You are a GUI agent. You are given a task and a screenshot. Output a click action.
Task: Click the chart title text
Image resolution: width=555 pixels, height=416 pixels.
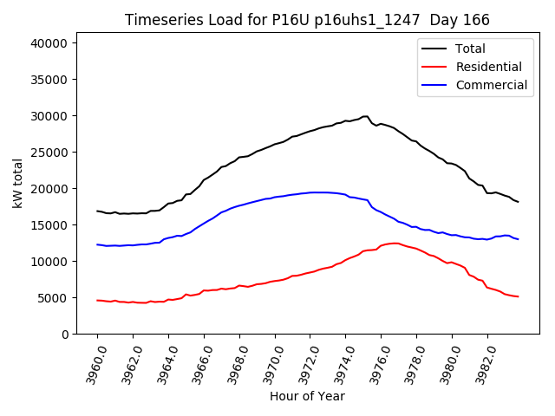[307, 20]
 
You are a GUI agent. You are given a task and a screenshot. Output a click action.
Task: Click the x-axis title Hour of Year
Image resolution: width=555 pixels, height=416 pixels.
[307, 396]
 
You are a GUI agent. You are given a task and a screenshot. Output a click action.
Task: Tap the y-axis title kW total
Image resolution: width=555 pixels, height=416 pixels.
[17, 183]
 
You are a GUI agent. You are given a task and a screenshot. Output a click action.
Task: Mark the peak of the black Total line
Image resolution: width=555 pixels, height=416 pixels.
[366, 116]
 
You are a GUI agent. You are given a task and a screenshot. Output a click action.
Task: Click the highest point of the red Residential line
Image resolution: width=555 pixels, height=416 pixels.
[395, 243]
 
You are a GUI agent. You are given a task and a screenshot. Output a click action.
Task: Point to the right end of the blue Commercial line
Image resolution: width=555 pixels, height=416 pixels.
[519, 238]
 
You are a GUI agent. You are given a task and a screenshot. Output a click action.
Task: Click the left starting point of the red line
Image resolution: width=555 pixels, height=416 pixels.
[97, 300]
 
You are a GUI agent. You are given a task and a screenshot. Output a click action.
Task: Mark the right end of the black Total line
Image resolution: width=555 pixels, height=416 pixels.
[519, 202]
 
